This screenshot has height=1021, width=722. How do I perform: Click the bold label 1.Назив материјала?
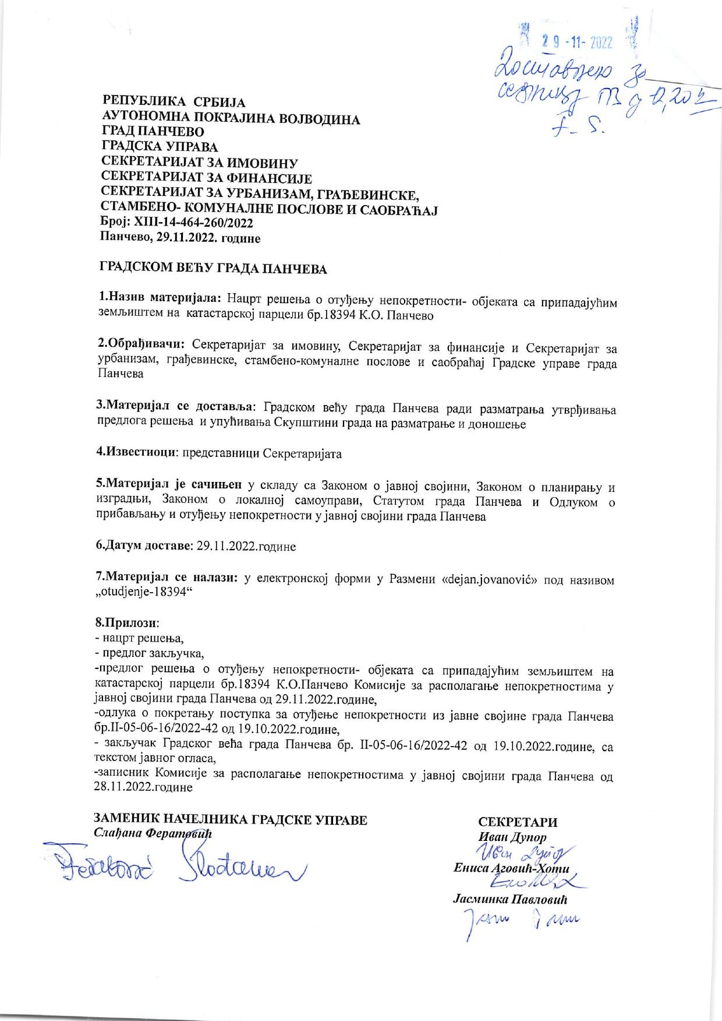(x=160, y=300)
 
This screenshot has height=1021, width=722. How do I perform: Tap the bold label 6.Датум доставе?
(x=144, y=546)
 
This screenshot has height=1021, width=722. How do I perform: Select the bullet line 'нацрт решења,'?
(x=139, y=638)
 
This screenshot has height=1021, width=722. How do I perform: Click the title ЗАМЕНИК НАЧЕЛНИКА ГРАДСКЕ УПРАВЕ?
(x=231, y=820)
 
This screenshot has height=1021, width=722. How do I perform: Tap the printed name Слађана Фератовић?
(x=153, y=833)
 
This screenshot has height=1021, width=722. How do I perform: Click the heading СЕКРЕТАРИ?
(x=517, y=822)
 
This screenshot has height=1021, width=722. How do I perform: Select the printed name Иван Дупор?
(x=512, y=837)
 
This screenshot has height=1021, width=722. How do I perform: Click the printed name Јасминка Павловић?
(x=510, y=899)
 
